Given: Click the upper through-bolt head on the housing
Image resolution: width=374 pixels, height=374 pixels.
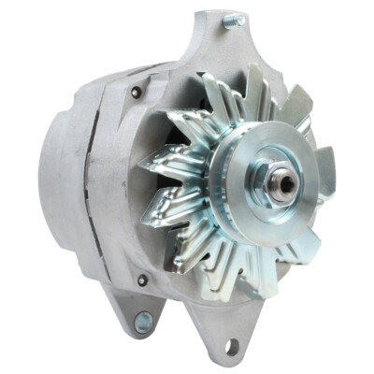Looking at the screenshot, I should pyautogui.click(x=137, y=92).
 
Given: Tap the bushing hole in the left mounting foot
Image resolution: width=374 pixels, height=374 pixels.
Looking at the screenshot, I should pyautogui.click(x=142, y=324).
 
